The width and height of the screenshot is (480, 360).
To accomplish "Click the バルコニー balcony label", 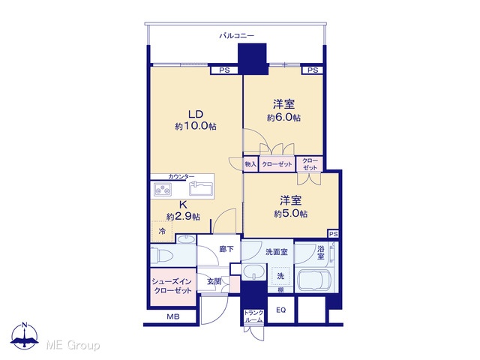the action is (237, 36).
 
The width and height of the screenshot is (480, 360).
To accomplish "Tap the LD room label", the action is (196, 115).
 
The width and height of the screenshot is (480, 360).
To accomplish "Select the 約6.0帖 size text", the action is (283, 118).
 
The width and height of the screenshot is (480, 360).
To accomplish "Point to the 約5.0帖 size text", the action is (290, 213).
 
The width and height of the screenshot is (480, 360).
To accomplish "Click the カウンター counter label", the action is (181, 177).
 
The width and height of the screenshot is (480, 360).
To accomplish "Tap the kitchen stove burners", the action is (163, 189).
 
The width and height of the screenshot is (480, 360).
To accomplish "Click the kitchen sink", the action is (201, 188).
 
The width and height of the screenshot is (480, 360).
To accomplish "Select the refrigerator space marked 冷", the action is (162, 231).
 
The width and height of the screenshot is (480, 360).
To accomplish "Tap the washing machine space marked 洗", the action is (280, 276).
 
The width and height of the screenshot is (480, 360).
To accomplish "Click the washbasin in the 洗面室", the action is (254, 272).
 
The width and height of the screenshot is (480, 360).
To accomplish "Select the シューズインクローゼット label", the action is (173, 286).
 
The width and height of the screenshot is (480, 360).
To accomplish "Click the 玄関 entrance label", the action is (214, 282).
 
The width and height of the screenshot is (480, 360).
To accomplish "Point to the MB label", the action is (173, 316).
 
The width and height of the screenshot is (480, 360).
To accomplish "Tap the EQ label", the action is (281, 310).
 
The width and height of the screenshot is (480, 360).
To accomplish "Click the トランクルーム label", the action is (253, 316).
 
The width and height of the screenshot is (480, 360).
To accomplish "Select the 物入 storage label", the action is (250, 164).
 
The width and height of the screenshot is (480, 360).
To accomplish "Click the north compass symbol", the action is (25, 335).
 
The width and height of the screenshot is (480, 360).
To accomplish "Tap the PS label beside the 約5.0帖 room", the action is (334, 234).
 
